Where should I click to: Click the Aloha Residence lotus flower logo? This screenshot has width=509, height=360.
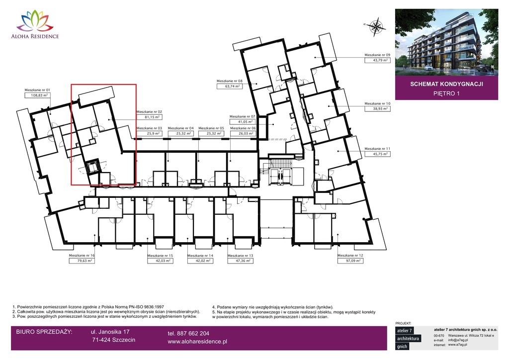pyautogui.click(x=35, y=21)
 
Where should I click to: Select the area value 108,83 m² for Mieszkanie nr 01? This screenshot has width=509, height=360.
pyautogui.click(x=38, y=95)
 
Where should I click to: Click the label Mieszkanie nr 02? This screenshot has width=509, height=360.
pyautogui.click(x=149, y=112)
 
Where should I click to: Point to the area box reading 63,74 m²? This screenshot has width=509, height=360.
pyautogui.click(x=230, y=87)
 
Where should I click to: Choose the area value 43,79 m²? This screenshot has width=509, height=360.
pyautogui.click(x=378, y=60)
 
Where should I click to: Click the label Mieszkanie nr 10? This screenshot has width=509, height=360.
pyautogui.click(x=378, y=103)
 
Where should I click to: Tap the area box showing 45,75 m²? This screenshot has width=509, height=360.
pyautogui.click(x=378, y=154)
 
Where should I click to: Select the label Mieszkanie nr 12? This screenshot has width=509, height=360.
pyautogui.click(x=350, y=256)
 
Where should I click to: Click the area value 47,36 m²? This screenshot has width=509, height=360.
pyautogui.click(x=241, y=261)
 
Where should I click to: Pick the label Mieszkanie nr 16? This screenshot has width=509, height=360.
pyautogui.click(x=82, y=256)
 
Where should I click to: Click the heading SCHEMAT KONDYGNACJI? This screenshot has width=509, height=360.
pyautogui.click(x=446, y=84)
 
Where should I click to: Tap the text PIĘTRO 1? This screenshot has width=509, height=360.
pyautogui.click(x=446, y=93)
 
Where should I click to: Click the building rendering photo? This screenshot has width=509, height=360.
pyautogui.click(x=446, y=42)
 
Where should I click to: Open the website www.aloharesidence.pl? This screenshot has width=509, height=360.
pyautogui.click(x=197, y=342)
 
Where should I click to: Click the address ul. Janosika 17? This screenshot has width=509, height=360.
pyautogui.click(x=110, y=332)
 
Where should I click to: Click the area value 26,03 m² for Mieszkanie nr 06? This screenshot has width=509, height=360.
pyautogui.click(x=243, y=133)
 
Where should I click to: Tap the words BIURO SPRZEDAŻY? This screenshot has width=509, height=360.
pyautogui.click(x=44, y=332)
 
